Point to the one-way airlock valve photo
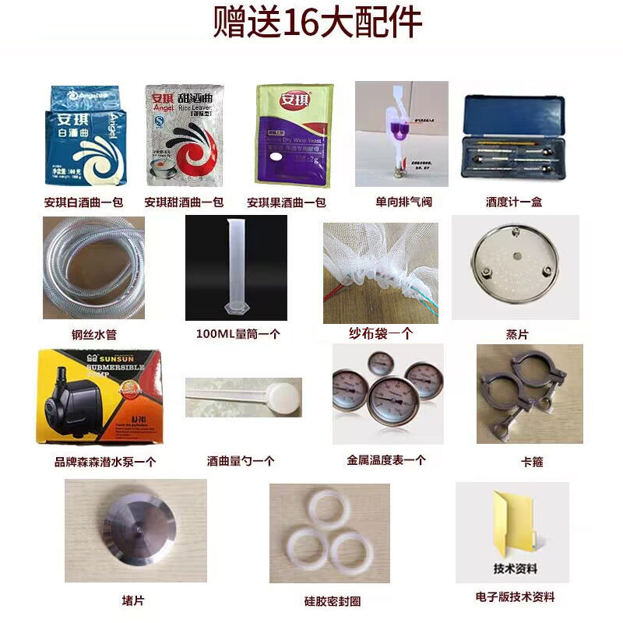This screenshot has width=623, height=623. [x=401, y=134]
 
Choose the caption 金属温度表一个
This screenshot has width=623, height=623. [x=386, y=460]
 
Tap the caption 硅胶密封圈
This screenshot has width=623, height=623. [x=333, y=601]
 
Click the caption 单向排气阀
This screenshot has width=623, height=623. [x=403, y=202]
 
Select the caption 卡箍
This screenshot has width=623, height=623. [x=532, y=462]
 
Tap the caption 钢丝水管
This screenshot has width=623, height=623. [x=93, y=336]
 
